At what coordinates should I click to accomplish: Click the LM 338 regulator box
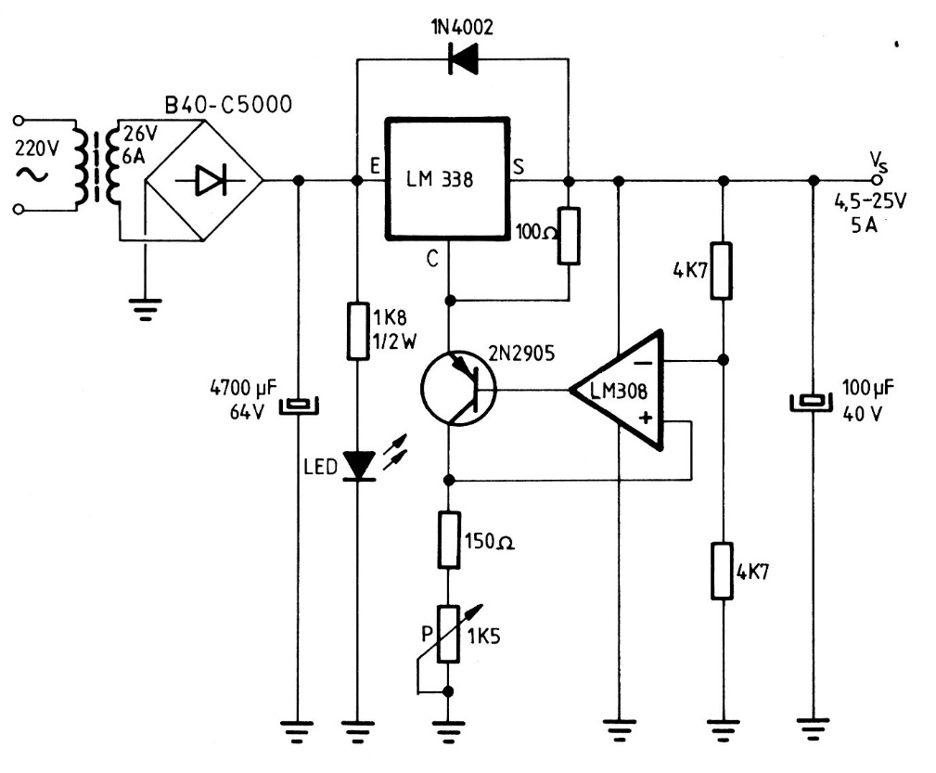point(448,178)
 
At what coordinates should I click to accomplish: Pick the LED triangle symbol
point(357,465)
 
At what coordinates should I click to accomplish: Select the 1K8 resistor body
point(357,329)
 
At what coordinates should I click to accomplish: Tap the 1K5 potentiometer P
point(449,634)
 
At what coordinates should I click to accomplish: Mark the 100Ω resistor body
point(569,237)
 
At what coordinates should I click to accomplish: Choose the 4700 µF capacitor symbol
point(299,404)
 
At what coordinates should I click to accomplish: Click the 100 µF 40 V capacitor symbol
point(814,401)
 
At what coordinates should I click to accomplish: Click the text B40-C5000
point(227,103)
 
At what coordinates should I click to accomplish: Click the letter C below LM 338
point(432,261)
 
